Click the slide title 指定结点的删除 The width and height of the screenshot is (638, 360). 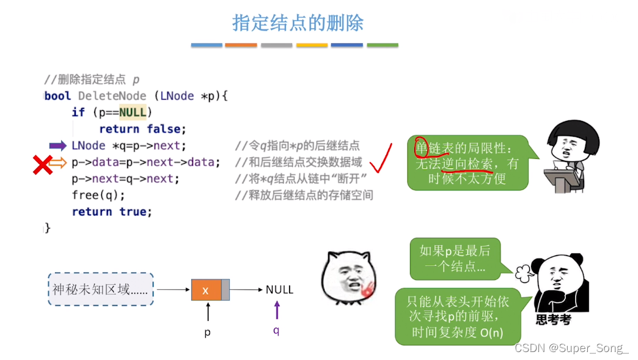click(x=298, y=23)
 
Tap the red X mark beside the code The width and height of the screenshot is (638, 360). click(x=42, y=164)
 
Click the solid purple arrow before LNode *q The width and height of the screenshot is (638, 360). click(x=57, y=145)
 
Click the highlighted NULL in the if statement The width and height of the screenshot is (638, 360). click(x=133, y=112)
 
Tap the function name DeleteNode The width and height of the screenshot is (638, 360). click(x=112, y=96)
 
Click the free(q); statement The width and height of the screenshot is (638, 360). click(x=98, y=195)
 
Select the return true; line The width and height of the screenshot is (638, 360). click(x=112, y=211)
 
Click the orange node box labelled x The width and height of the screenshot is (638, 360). click(x=206, y=290)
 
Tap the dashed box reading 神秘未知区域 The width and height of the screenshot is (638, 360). click(x=100, y=290)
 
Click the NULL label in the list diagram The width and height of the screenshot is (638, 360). click(x=279, y=290)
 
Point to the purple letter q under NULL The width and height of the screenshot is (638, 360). click(x=276, y=331)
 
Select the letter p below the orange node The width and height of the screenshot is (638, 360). click(x=207, y=333)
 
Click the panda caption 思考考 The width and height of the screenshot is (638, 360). click(x=552, y=320)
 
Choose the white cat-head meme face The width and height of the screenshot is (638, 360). click(x=347, y=279)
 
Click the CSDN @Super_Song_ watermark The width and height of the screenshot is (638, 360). click(x=571, y=348)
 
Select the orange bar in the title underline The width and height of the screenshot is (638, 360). click(x=241, y=45)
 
